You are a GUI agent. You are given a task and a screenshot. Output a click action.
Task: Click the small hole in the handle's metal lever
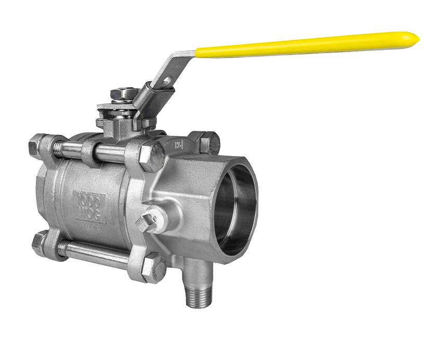pos(167,80)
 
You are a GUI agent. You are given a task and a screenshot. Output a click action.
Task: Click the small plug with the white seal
pos(148,221)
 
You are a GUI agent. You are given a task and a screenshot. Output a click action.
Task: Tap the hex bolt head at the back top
pos(209,142)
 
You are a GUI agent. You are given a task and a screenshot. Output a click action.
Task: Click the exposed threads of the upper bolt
pos(68,150)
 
